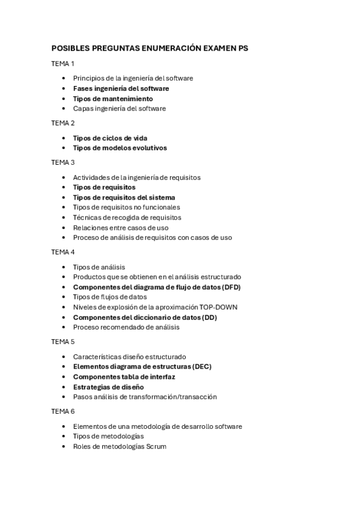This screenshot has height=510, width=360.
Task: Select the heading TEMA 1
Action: pos(63,63)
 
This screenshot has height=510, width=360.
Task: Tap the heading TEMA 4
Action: pos(63,252)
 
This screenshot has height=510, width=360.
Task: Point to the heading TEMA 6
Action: pos(63,411)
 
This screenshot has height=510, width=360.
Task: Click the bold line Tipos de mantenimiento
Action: pos(113,99)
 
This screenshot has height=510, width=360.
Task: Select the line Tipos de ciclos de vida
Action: pos(110,138)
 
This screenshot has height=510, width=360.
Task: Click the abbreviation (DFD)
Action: pos(228,287)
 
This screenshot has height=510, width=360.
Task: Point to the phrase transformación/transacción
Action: pos(177,396)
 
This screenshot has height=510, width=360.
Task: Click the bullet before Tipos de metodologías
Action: pos(64,437)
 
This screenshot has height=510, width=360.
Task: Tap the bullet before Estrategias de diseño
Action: pos(64,387)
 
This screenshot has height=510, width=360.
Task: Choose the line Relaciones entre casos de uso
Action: pos(121,227)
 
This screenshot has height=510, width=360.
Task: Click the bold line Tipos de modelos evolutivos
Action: pos(120,148)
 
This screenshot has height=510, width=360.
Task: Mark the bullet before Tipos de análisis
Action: pos(64,267)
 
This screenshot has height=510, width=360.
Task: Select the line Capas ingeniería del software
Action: pos(120,108)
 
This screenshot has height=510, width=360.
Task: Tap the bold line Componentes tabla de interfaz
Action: pos(124,376)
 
